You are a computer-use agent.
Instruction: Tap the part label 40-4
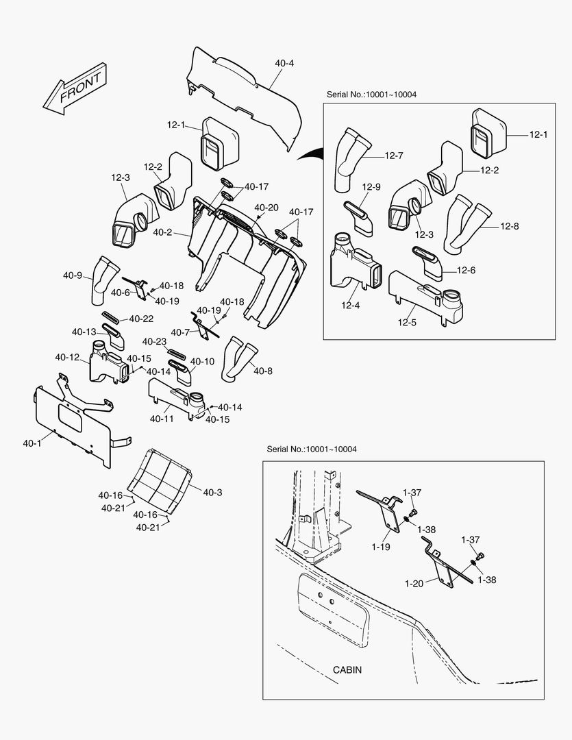coord(284,64)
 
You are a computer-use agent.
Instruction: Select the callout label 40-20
coord(266,208)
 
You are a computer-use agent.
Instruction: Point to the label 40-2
coord(162,232)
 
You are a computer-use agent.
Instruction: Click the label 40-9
coord(73,275)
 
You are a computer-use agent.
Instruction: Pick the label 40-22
coord(141,319)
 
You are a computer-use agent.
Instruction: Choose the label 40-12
coord(67,357)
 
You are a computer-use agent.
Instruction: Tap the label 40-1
coord(32,443)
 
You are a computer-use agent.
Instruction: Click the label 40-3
coord(212,492)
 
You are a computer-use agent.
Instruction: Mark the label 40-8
coord(263,371)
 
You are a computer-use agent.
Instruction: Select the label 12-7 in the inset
coord(393,156)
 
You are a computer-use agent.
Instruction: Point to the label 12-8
coord(510,225)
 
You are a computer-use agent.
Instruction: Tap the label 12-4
coord(350,305)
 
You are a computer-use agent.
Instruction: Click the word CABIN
coord(347,669)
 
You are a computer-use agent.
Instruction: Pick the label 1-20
coord(414,583)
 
